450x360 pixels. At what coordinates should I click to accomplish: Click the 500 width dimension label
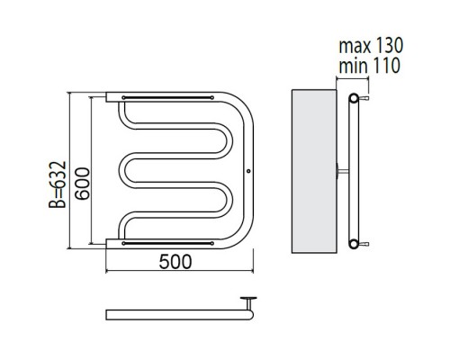(x=175, y=261)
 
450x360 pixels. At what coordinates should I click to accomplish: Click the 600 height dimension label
(x=83, y=184)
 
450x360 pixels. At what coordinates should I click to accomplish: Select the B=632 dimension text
(x=58, y=184)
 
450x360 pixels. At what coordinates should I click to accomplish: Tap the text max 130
(x=371, y=46)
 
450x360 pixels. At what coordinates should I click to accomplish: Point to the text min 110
(x=369, y=66)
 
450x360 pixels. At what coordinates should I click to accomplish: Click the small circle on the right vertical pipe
(x=248, y=171)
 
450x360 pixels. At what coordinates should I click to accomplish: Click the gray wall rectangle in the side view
(x=314, y=171)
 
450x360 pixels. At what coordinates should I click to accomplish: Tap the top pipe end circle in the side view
(x=354, y=98)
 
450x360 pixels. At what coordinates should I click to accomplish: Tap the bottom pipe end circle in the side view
(x=354, y=244)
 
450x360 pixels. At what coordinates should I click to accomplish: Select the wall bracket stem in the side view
(x=343, y=171)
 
